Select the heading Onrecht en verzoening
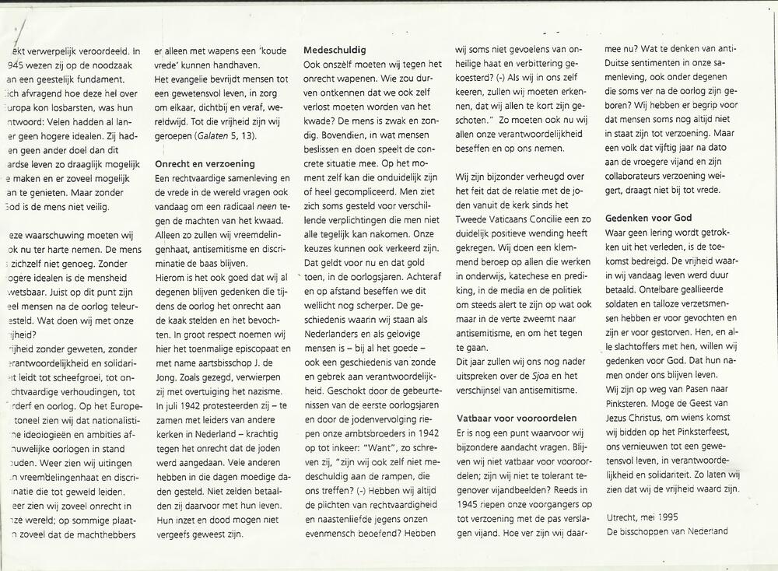click(x=205, y=165)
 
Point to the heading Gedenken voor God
click(x=649, y=218)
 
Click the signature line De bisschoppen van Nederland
click(x=668, y=531)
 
